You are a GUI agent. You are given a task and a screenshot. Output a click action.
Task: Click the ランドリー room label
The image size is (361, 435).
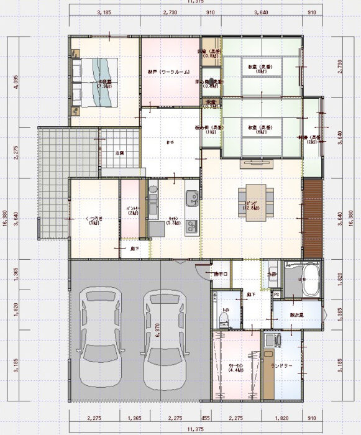(281, 365)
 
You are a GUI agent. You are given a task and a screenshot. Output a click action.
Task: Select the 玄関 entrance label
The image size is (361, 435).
(119, 152)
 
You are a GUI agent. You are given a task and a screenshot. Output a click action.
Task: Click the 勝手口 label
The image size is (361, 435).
(221, 273)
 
